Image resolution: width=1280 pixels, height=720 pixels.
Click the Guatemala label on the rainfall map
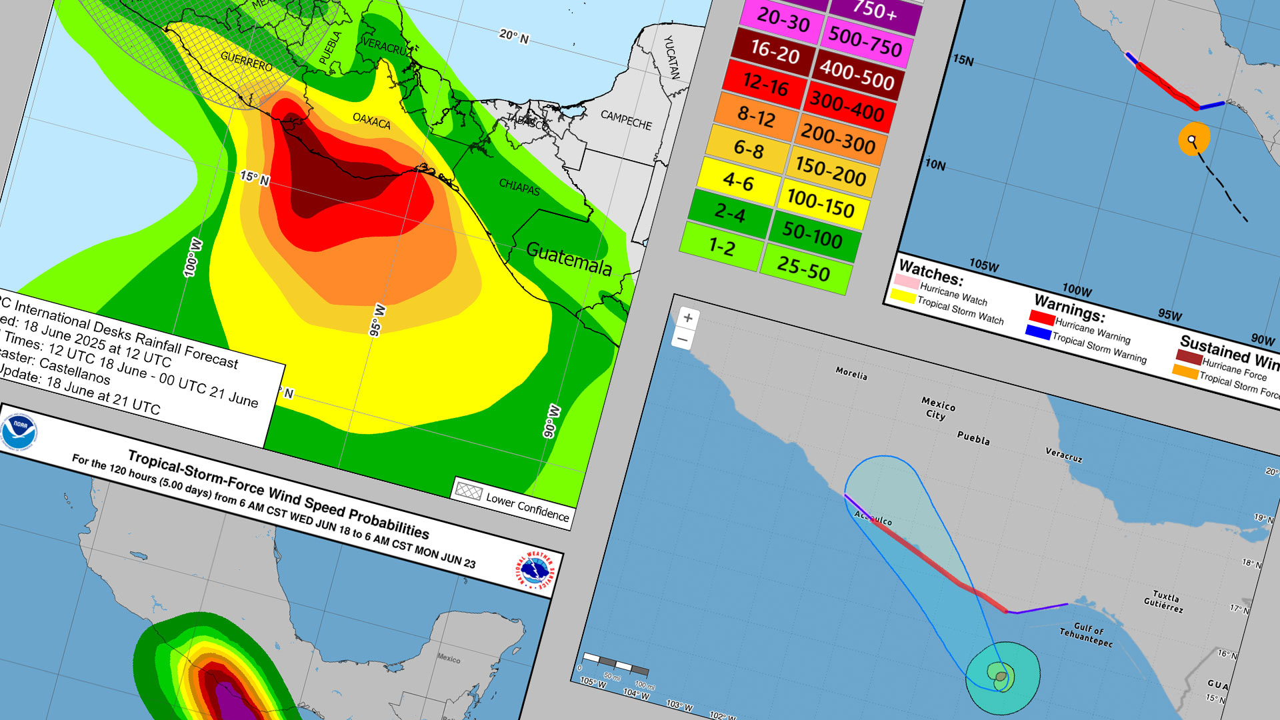(x=569, y=258)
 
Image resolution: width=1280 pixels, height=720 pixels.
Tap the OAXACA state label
(x=371, y=121)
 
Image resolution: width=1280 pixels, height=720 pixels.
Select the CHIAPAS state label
(x=519, y=187)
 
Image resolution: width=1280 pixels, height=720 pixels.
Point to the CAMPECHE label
(x=626, y=120)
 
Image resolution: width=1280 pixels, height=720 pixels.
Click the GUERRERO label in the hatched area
(x=247, y=61)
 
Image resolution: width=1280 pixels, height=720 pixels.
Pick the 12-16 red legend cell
(x=765, y=85)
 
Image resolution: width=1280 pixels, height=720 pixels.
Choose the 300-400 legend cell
(x=846, y=107)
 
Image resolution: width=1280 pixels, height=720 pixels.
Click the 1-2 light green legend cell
(x=721, y=247)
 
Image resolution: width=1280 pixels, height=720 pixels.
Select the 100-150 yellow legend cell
(x=820, y=203)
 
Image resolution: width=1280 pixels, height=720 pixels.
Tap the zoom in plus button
(x=688, y=318)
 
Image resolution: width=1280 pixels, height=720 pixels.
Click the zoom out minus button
(x=683, y=339)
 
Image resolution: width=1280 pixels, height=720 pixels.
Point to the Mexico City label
(x=937, y=409)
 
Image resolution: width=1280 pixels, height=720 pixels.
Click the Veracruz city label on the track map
(x=1063, y=456)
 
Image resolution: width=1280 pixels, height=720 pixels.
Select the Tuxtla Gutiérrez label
(x=1165, y=601)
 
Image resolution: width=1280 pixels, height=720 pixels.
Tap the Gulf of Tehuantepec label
(x=1087, y=634)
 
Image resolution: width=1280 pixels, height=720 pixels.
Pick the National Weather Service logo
(x=535, y=571)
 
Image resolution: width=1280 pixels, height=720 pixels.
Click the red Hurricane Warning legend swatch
(x=1041, y=317)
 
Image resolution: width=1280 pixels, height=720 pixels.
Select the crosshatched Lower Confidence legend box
(x=467, y=491)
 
